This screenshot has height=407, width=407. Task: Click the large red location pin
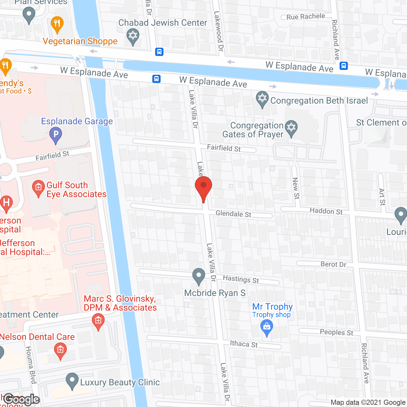[203, 188]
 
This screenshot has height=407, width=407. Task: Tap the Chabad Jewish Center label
[162, 23]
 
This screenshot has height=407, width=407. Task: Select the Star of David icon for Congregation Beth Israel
[262, 99]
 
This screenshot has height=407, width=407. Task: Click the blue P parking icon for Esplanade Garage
[56, 135]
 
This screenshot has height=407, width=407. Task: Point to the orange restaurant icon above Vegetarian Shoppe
[57, 24]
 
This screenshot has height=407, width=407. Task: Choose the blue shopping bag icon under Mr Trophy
[266, 327]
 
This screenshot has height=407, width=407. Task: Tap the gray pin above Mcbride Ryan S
[199, 276]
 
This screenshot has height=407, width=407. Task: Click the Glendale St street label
[233, 214]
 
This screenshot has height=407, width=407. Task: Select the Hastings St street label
[241, 279]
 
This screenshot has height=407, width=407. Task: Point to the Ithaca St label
[244, 344]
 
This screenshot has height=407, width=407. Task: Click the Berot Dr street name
[333, 264]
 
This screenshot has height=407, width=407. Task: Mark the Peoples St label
[336, 332]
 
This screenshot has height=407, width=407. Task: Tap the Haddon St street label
[326, 211]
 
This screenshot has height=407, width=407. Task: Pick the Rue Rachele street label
[306, 17]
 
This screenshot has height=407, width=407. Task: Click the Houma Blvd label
[31, 365]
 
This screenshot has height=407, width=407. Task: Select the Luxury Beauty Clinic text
[120, 382]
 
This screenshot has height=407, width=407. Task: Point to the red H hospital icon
[6, 203]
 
